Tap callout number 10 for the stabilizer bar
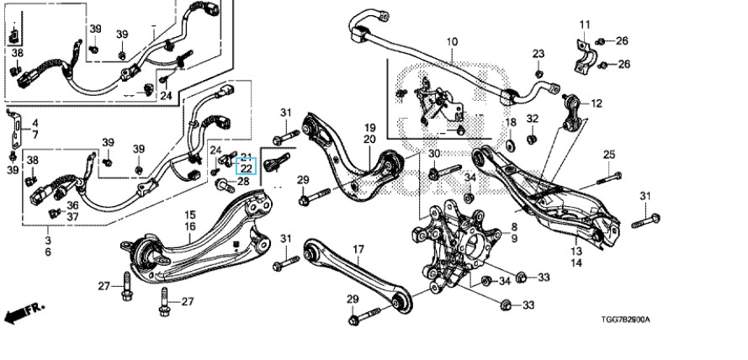pyautogui.click(x=452, y=40)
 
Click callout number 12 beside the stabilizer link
pyautogui.click(x=597, y=103)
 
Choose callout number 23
pyautogui.click(x=538, y=54)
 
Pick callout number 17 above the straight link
pyautogui.click(x=358, y=249)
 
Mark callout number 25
pyautogui.click(x=609, y=154)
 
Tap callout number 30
pyautogui.click(x=434, y=154)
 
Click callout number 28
pyautogui.click(x=243, y=182)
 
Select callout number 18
pyautogui.click(x=511, y=123)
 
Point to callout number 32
pyautogui.click(x=533, y=118)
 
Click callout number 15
pyautogui.click(x=190, y=215)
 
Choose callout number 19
pyautogui.click(x=369, y=127)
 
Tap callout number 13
pyautogui.click(x=576, y=251)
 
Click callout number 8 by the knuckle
pyautogui.click(x=513, y=227)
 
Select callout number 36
pyautogui.click(x=73, y=204)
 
